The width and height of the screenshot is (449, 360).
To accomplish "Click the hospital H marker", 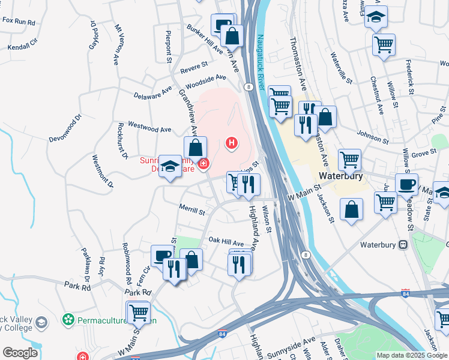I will (x=231, y=143).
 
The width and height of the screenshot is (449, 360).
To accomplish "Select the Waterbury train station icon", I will (x=402, y=244).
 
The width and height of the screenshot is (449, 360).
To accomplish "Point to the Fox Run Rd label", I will (x=19, y=21).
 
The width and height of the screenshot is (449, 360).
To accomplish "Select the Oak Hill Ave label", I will (x=226, y=241).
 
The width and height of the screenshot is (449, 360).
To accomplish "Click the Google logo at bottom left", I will (x=20, y=352).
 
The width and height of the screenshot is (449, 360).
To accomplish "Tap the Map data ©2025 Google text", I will (x=412, y=355).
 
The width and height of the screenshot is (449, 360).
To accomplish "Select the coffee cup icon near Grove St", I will (x=406, y=184).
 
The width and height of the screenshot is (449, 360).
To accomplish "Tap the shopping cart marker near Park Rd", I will (x=138, y=311).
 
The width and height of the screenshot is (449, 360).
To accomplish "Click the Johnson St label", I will (x=372, y=137).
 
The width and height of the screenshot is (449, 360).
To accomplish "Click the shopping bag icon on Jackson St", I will (x=351, y=209).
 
